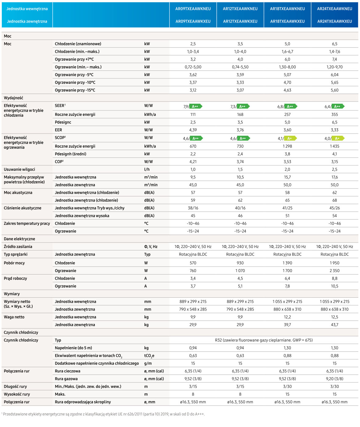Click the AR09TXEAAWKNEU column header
[193, 9]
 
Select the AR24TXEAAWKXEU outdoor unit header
[334, 21]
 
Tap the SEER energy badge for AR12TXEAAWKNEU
[243, 106]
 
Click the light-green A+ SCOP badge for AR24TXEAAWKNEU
[338, 138]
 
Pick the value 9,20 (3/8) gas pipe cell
[334, 379]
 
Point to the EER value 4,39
[193, 130]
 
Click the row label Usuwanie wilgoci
[20, 169]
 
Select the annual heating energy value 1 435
[334, 146]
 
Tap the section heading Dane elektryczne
[20, 239]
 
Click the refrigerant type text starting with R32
[264, 340]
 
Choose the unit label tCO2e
[149, 356]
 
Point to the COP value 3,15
[334, 162]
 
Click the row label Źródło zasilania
[18, 247]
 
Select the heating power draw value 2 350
[334, 271]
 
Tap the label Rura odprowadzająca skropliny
[83, 402]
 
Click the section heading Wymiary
[12, 294]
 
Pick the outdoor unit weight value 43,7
[334, 325]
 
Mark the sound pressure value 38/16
[193, 208]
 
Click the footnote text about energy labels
[103, 414]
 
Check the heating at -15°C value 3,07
[240, 90]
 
